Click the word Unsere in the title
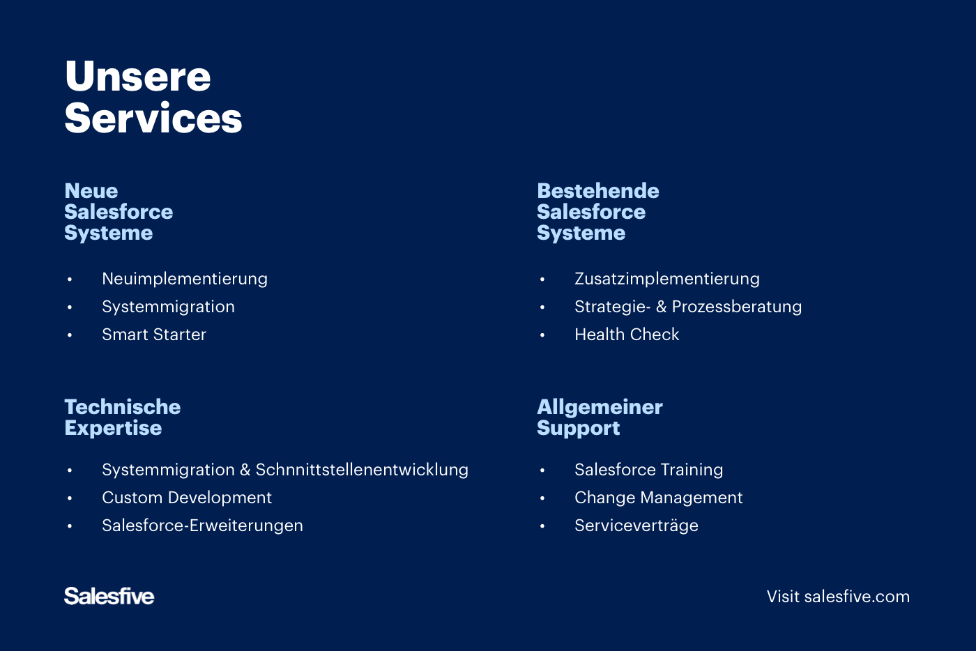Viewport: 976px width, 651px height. [x=137, y=76]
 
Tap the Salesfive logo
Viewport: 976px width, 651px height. [x=109, y=596]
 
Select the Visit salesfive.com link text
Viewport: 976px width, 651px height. [x=838, y=597]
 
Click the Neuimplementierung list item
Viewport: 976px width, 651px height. [x=184, y=279]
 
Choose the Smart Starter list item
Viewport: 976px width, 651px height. [x=153, y=335]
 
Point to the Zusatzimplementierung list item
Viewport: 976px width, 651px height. [x=666, y=279]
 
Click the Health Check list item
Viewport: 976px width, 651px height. [x=626, y=335]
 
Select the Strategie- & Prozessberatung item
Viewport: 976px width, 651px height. [x=687, y=307]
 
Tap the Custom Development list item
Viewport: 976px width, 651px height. [x=186, y=498]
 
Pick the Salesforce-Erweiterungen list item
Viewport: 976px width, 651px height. [x=202, y=526]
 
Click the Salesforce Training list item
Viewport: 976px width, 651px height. [x=648, y=470]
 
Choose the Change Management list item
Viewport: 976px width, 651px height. [x=658, y=498]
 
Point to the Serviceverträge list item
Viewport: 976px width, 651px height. [x=636, y=526]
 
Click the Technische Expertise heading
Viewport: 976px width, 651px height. [x=122, y=417]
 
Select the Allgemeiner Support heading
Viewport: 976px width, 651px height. [x=600, y=417]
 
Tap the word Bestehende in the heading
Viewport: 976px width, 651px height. [x=597, y=191]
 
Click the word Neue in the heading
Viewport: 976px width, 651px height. [x=91, y=191]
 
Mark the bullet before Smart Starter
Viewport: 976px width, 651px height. [x=70, y=335]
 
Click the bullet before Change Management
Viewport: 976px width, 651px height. [x=542, y=498]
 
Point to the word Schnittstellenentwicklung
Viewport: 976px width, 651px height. [x=361, y=470]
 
